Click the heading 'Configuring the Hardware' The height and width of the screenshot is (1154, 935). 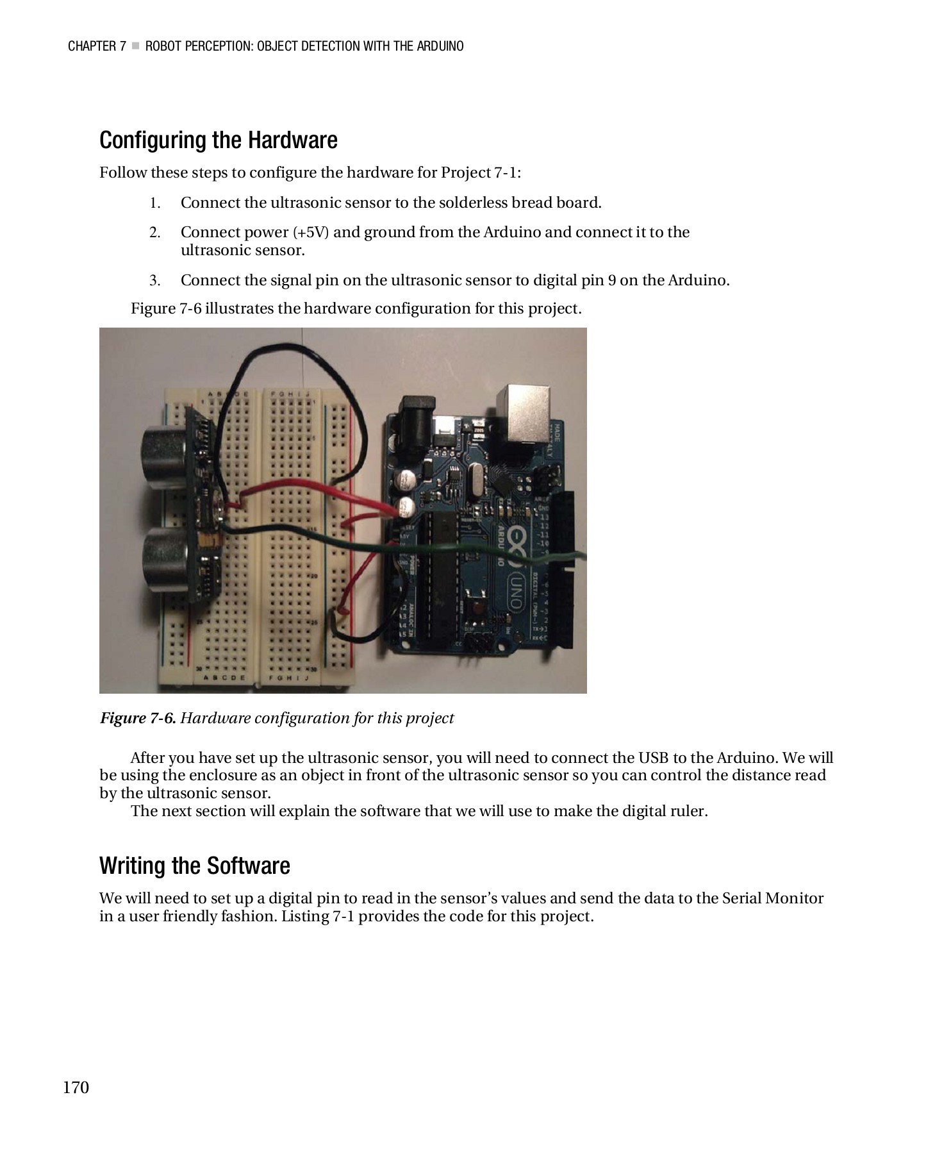pos(218,140)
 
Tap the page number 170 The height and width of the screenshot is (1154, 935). pos(76,1087)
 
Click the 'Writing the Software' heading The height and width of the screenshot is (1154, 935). pos(195,866)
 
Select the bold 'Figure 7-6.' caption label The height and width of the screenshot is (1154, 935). pos(138,718)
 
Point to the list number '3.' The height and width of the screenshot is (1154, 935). pos(154,281)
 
